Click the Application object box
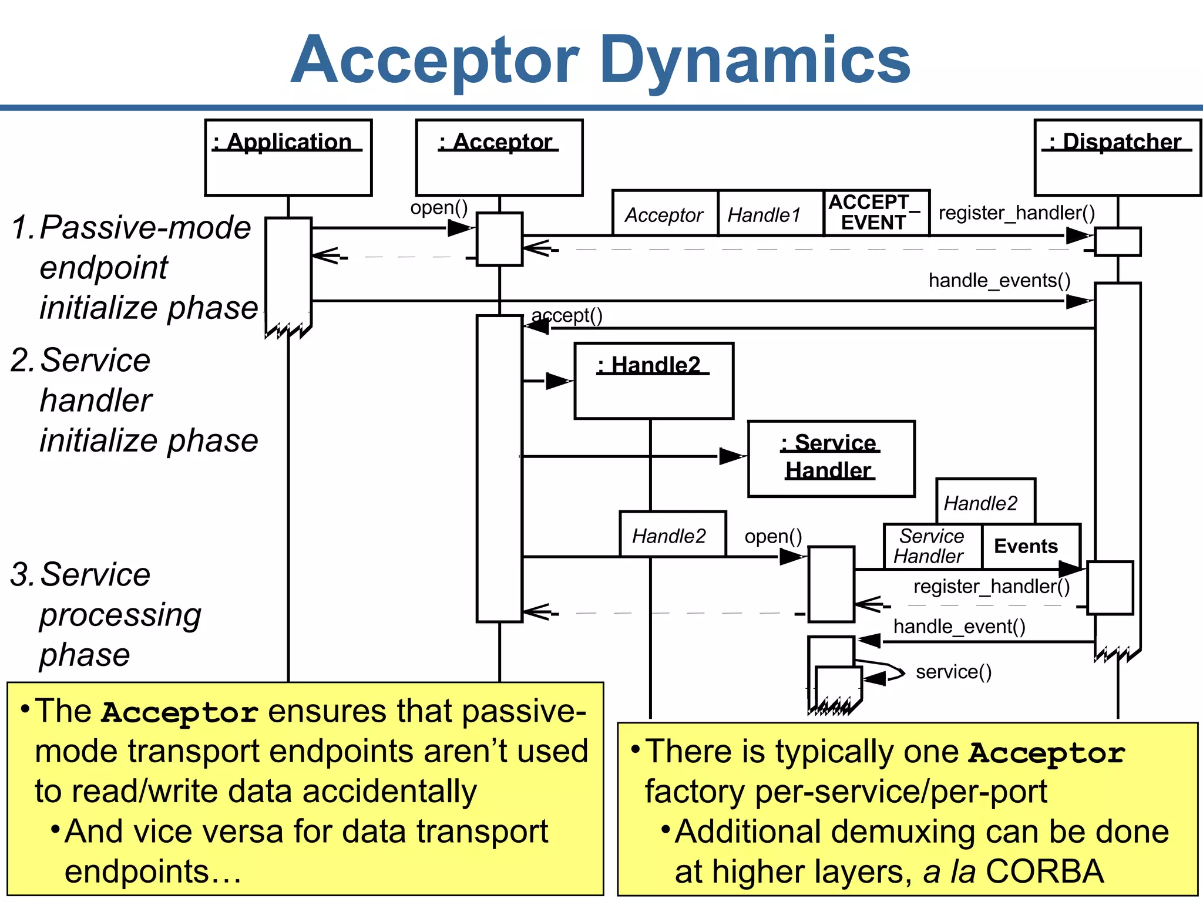pyautogui.click(x=288, y=157)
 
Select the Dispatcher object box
pyautogui.click(x=1117, y=157)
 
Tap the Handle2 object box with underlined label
pyautogui.click(x=653, y=381)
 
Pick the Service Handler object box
pyautogui.click(x=831, y=458)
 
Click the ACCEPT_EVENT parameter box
pyautogui.click(x=875, y=213)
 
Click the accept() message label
pyautogui.click(x=567, y=315)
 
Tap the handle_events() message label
pyautogui.click(x=999, y=280)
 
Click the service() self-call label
pyautogui.click(x=953, y=671)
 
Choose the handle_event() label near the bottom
pyautogui.click(x=959, y=627)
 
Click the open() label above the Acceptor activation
pyautogui.click(x=439, y=207)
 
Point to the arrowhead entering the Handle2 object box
pyautogui.click(x=558, y=381)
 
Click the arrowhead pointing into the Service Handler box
pyautogui.click(x=732, y=456)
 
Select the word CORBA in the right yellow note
pyautogui.click(x=1044, y=871)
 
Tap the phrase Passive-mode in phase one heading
pyautogui.click(x=145, y=227)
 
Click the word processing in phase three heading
pyautogui.click(x=120, y=614)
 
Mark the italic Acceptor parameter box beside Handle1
pyautogui.click(x=664, y=214)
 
